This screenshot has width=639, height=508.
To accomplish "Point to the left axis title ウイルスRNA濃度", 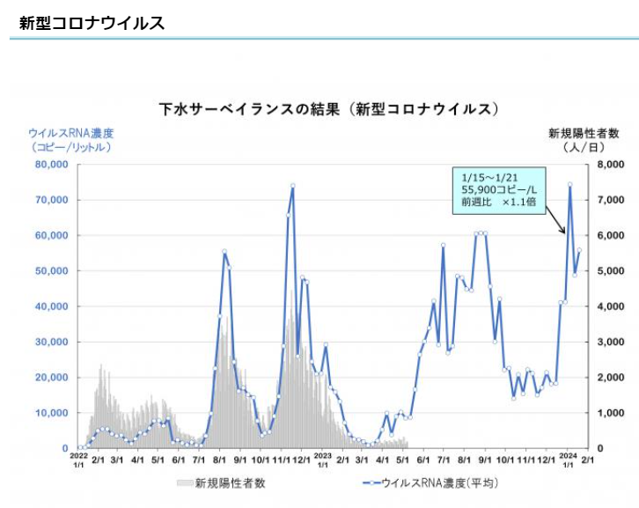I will pos(71,133).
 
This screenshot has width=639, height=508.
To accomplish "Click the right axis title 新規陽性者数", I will pos(584,133).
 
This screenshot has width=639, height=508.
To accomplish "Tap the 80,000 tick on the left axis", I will pos(51,165).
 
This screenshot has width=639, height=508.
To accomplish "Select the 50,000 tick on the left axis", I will pos(51,271).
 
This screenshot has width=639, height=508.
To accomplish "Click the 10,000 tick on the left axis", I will pos(51,413).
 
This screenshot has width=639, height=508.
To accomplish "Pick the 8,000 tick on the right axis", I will pos(612,165).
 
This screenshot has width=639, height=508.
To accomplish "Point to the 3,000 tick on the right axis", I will pos(612,342).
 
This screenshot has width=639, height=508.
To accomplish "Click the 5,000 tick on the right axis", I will pos(612,271).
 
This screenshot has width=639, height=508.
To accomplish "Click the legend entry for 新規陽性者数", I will pos(221,482).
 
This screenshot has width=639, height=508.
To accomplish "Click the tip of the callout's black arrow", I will pos(565,233).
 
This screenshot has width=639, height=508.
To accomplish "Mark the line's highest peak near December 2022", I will pos(292,186).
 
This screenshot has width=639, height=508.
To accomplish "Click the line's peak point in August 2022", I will pos(224,252).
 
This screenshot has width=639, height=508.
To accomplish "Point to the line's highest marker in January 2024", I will pos(570,185).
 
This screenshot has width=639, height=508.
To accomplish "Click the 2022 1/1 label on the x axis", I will pos(78,460).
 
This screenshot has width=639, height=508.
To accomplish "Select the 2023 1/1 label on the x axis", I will pos(323,460).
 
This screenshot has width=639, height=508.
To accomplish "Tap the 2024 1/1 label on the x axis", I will pos(568,460).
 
